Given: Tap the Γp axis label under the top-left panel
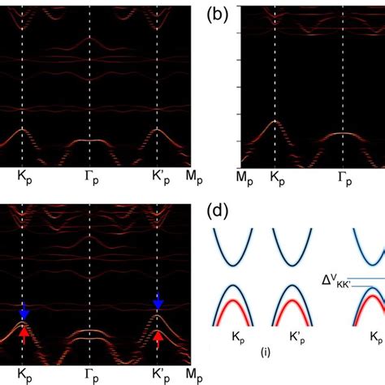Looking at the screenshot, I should (91, 175).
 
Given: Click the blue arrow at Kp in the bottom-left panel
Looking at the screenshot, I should (24, 309).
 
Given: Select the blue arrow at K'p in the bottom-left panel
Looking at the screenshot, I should (158, 302).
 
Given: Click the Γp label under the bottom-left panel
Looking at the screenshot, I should (91, 375).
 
